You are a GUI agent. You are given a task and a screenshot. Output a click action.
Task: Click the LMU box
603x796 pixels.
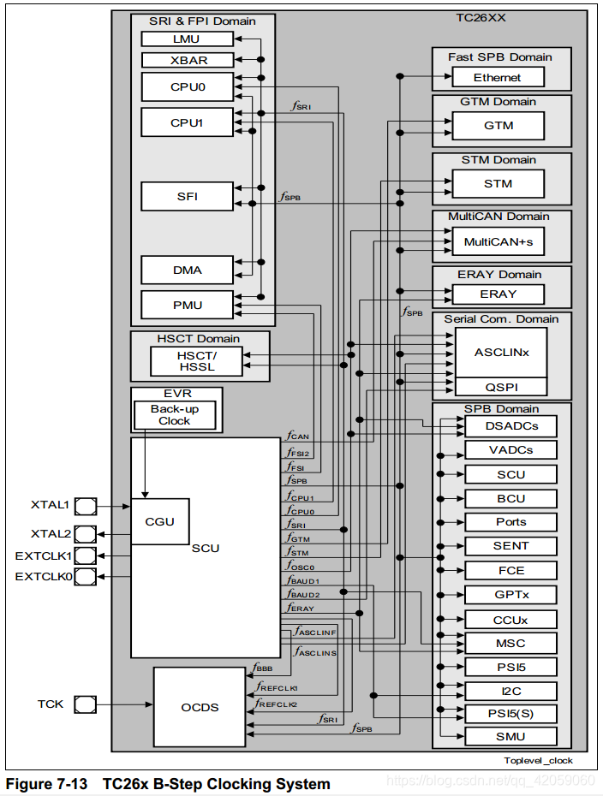point(187,39)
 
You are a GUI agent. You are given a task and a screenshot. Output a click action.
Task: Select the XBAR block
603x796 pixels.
point(187,60)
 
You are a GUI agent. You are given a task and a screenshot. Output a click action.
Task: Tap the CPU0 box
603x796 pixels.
point(187,86)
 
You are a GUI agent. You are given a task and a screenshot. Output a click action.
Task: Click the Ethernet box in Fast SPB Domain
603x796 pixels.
point(498,77)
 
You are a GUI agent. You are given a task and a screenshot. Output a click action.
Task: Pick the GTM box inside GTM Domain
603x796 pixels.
point(498,126)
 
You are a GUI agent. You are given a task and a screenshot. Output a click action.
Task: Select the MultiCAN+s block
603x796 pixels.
point(498,242)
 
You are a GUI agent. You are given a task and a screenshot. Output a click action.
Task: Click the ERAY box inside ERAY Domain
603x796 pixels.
point(498,294)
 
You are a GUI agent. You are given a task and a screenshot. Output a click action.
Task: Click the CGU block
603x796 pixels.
point(159,521)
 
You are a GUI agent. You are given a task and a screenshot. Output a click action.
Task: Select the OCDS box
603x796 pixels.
point(200,707)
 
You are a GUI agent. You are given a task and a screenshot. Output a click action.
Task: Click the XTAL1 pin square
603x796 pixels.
point(86,506)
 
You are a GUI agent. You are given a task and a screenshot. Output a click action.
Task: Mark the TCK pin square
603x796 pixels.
point(85,704)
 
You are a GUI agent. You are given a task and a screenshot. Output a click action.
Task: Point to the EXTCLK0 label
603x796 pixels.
point(44,577)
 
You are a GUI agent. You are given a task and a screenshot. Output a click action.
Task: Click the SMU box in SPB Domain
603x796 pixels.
point(510,736)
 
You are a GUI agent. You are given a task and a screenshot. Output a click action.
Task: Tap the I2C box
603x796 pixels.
point(510,690)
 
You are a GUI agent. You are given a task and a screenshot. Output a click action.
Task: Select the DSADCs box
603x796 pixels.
point(510,425)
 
